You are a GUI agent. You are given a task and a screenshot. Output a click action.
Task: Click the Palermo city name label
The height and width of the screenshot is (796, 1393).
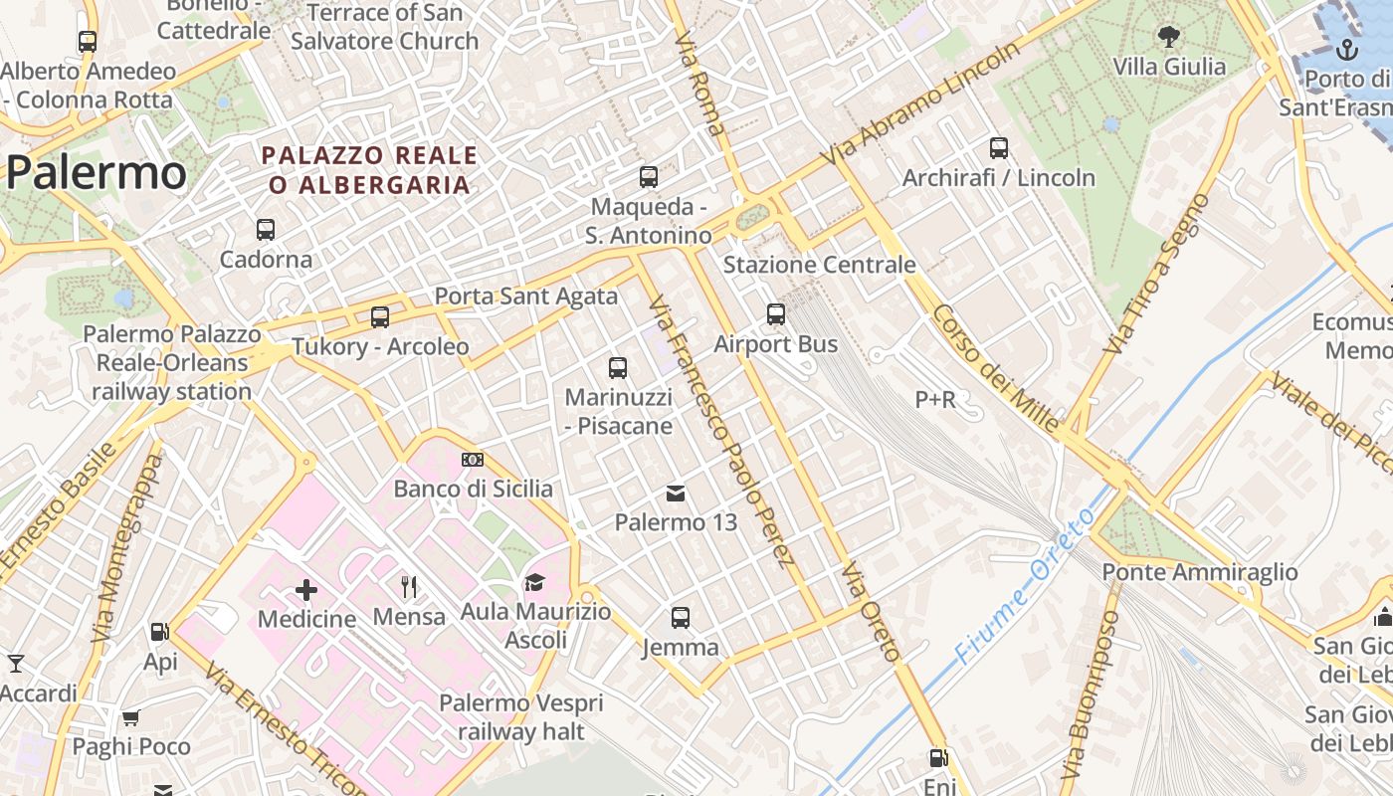point(97,173)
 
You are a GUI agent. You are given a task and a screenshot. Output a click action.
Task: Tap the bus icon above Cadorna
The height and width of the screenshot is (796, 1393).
point(266,230)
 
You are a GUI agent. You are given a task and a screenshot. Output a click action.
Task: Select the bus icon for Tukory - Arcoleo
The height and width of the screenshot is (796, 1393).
point(380,317)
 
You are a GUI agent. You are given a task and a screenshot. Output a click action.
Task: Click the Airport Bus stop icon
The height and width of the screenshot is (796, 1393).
point(776,314)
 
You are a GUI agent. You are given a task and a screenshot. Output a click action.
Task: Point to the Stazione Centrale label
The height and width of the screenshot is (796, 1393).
point(819,265)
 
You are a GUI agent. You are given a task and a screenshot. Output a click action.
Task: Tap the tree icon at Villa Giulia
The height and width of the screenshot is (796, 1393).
point(1169,37)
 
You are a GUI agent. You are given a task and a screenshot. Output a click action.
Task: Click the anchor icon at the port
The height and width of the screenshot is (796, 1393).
point(1347,49)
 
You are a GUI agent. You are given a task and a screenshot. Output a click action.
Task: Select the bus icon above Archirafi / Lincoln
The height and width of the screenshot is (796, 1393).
point(999,148)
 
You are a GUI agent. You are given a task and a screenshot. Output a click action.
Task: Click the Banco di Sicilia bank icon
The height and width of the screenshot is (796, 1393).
point(473,460)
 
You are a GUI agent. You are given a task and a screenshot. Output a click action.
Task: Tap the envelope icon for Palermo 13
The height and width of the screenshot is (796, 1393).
point(676,494)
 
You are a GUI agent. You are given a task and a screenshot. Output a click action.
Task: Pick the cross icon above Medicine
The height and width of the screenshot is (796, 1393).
point(306,591)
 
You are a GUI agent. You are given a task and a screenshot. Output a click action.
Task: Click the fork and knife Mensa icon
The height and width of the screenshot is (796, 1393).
point(409,587)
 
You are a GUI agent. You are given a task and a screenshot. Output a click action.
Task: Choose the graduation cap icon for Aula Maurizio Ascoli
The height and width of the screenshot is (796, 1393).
point(535,582)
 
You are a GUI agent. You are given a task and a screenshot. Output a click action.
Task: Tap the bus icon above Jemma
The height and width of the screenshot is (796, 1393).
point(681,618)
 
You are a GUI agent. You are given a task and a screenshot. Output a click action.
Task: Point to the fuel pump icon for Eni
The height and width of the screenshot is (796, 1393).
point(938,758)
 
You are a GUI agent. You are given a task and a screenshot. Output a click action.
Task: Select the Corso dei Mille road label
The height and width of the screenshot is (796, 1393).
point(995,368)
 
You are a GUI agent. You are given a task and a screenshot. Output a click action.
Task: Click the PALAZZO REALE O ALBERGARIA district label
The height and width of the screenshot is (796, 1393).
point(369,170)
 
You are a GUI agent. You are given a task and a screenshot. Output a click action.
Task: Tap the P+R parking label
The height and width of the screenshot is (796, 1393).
point(935,400)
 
